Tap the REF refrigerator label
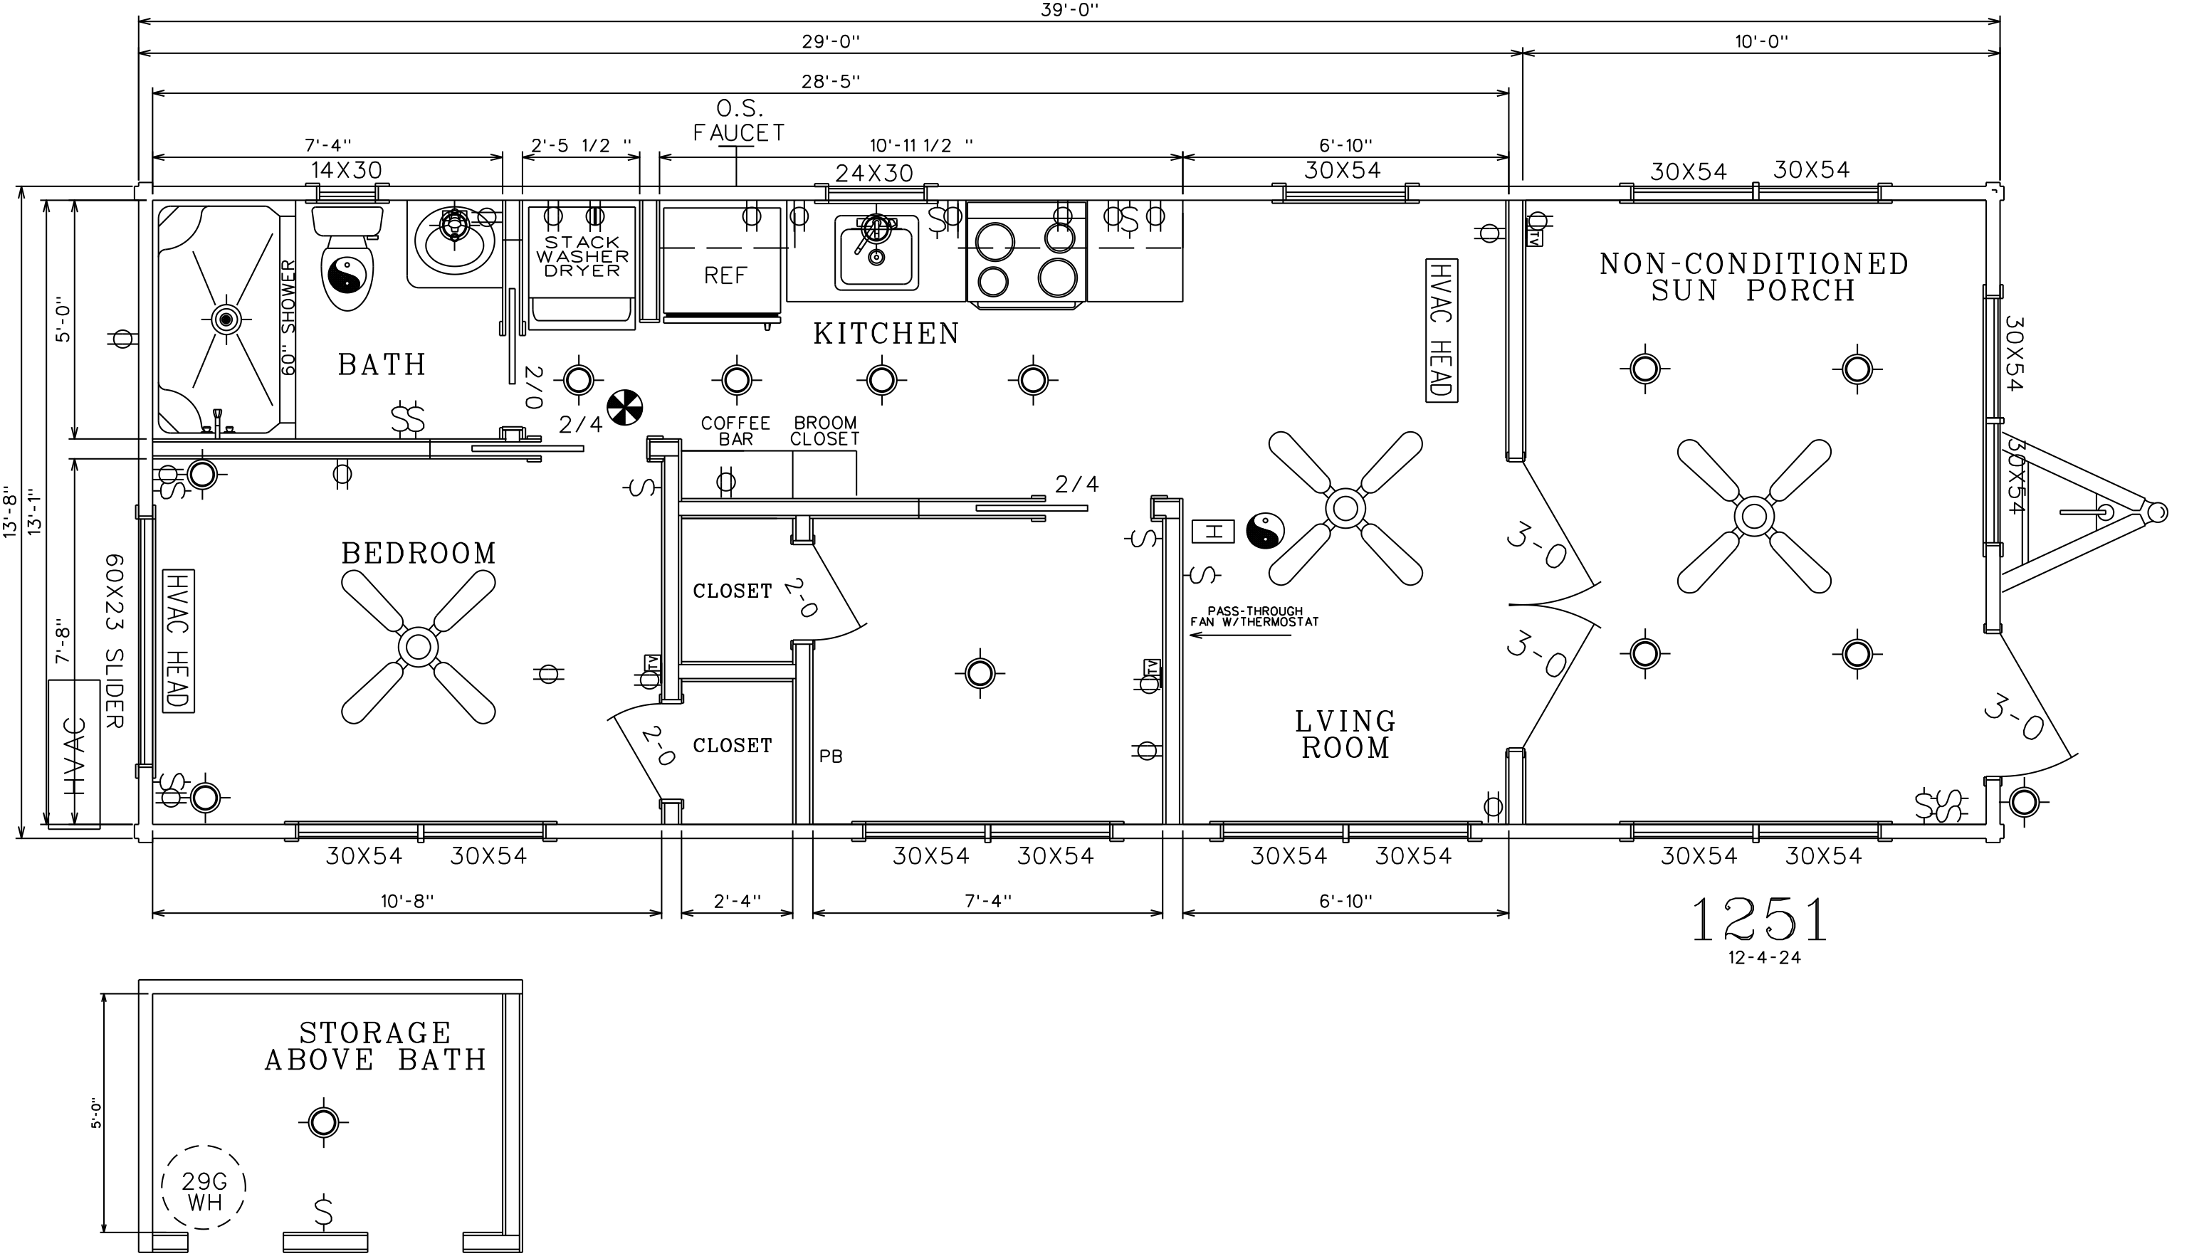725,275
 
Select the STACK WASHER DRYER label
582,256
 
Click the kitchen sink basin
876,253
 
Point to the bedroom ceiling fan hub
418,646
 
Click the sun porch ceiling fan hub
1753,516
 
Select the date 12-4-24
1765,958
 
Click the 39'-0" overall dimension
1069,9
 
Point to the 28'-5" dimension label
831,82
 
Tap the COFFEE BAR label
735,431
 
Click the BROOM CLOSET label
825,431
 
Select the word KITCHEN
886,334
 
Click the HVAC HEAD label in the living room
1440,329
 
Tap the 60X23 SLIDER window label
113,641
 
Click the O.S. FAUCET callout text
739,121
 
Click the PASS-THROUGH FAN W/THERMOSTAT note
1255,617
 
